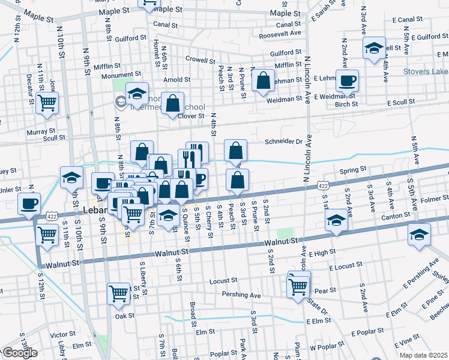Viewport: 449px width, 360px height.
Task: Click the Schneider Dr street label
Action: tap(283, 142)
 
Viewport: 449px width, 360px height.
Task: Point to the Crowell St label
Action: tap(200, 61)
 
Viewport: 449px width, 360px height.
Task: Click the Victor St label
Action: tap(62, 334)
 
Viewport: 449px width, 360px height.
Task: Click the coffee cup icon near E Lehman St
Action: tap(346, 80)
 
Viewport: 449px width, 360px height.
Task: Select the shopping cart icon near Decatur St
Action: tap(47, 103)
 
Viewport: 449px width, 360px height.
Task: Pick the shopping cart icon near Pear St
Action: tap(298, 285)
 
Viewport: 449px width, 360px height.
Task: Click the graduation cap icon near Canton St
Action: tap(337, 221)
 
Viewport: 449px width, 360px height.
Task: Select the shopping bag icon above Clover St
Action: tap(172, 103)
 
